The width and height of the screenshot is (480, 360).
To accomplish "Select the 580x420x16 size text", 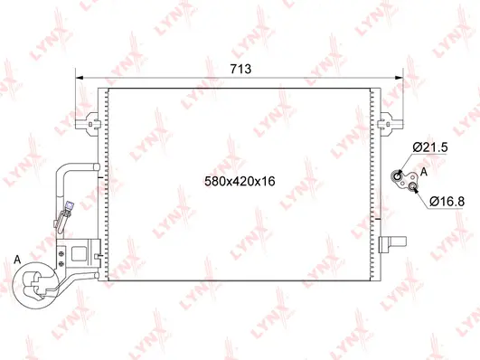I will [x=239, y=181].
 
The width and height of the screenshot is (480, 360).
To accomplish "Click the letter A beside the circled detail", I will [x=17, y=261].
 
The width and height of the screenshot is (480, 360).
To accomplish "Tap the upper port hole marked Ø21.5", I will [x=399, y=175].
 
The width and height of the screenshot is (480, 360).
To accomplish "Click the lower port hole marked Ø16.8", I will [x=413, y=187].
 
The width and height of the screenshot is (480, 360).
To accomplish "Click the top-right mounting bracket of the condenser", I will [x=387, y=119].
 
